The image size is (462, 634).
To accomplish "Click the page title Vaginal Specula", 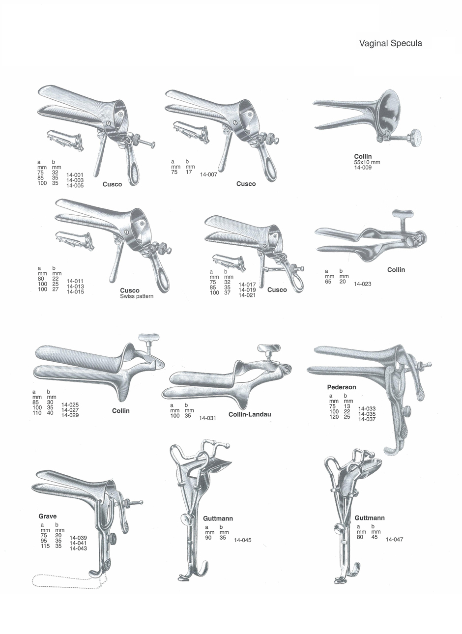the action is click(x=391, y=43).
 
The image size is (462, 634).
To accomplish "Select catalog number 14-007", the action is click(x=208, y=174).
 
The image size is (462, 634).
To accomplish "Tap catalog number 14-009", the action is click(x=363, y=167).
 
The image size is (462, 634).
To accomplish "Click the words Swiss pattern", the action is click(x=137, y=296).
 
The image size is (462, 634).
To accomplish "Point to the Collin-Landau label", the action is click(x=250, y=414).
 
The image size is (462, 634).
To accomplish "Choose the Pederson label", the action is click(x=342, y=387).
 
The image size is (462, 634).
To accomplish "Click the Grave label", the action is click(x=47, y=516).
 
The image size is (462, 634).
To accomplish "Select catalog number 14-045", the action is click(x=243, y=540).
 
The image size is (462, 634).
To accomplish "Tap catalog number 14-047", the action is click(x=394, y=540).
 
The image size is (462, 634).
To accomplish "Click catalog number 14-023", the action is click(x=363, y=284).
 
